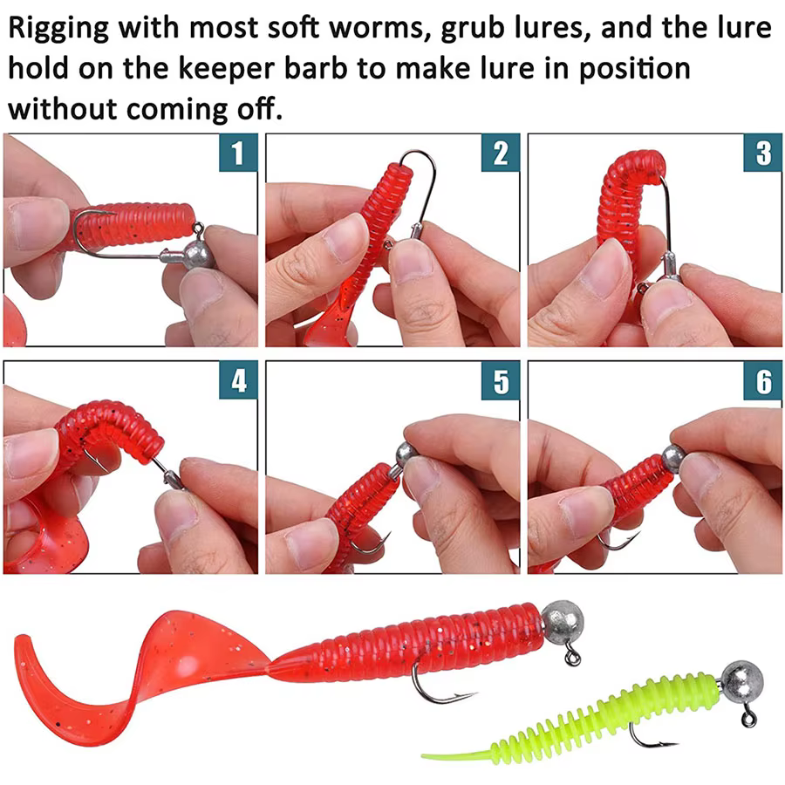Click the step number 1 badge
tap(238, 153)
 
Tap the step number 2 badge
tap(501, 153)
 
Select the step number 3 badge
tap(763, 153)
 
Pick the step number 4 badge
tap(238, 380)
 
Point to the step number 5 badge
tap(501, 380)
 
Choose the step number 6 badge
tap(763, 380)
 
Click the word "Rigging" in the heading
tap(58, 29)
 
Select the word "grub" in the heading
tap(473, 29)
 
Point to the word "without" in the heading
tap(63, 109)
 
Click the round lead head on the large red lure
tap(563, 622)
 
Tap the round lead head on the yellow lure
tap(742, 681)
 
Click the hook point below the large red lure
tap(472, 694)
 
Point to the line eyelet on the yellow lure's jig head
tap(749, 719)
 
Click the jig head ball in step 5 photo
tap(408, 454)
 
